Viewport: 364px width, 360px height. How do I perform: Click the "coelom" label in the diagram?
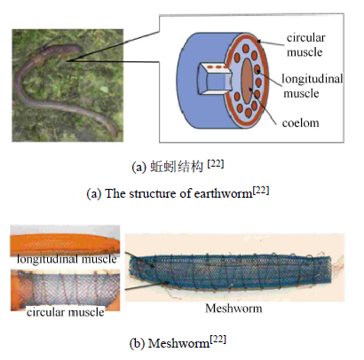(x=300, y=122)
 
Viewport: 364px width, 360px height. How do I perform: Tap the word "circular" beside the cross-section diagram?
(x=305, y=37)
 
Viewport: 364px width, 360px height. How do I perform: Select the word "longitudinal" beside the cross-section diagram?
(x=313, y=79)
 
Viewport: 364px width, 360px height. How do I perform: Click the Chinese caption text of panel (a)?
(x=177, y=167)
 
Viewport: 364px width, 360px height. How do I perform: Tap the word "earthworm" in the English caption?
(x=223, y=193)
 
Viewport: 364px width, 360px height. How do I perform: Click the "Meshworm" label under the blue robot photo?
(x=233, y=309)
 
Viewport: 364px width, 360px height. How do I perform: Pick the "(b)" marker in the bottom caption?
(x=137, y=343)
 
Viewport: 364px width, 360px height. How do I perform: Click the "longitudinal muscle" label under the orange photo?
(x=67, y=259)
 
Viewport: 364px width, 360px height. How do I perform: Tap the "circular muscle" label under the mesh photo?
(x=66, y=312)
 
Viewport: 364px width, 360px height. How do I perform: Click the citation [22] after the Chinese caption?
(x=215, y=163)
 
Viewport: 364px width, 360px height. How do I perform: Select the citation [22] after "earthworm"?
(x=261, y=190)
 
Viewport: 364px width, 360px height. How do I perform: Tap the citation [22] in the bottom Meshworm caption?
(x=218, y=340)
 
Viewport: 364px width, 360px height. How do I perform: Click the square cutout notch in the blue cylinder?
(x=214, y=79)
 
